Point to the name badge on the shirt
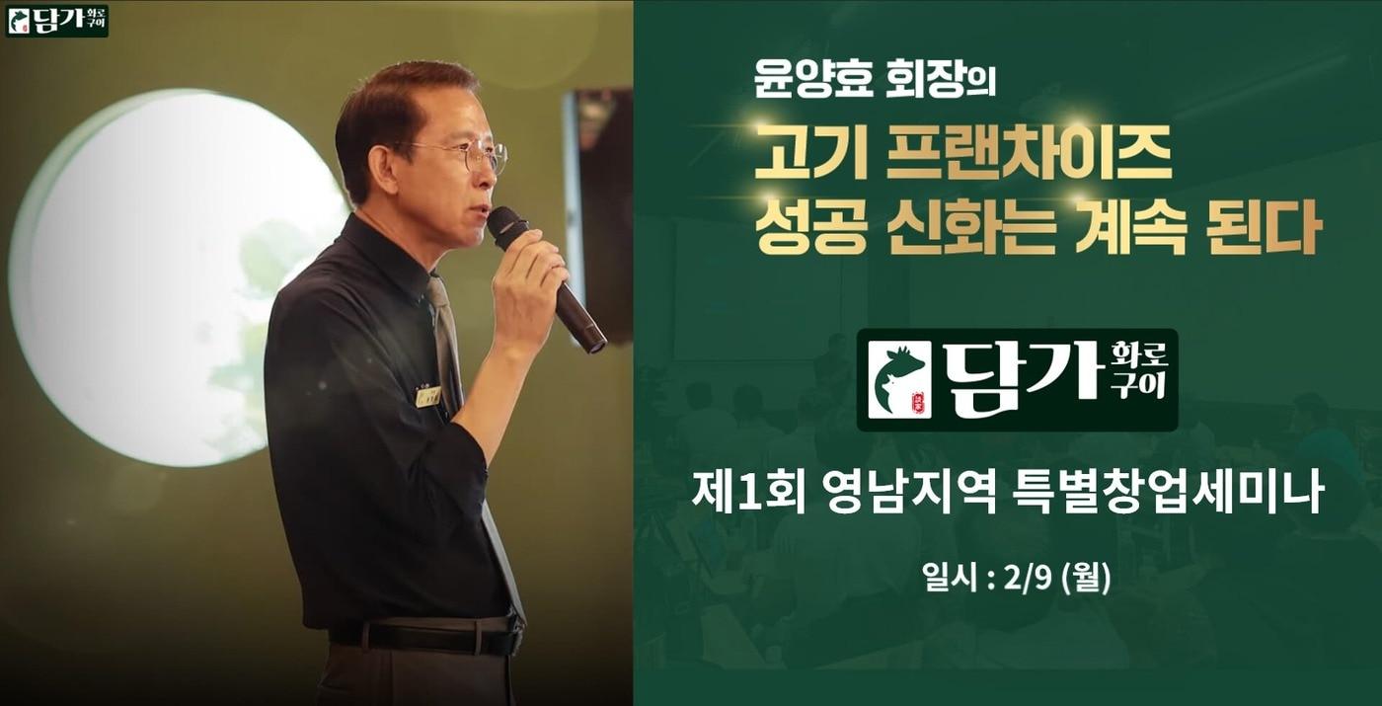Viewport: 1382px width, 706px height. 428,396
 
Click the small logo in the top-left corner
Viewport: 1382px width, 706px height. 57,20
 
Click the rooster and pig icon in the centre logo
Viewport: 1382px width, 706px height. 899,380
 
